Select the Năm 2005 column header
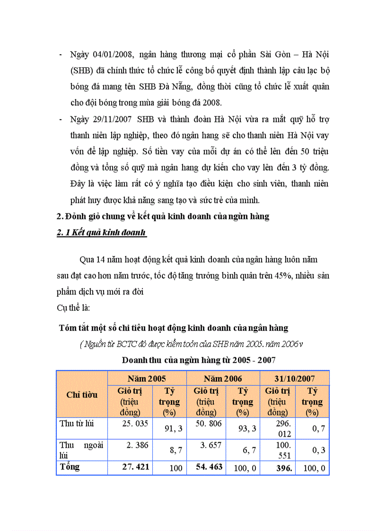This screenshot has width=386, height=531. (147, 379)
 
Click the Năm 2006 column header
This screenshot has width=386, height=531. (223, 379)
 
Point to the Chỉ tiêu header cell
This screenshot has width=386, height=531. (82, 395)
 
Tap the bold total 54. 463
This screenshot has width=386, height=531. (209, 467)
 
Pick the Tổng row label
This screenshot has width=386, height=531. (70, 467)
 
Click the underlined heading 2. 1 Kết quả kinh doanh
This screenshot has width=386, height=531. (101, 233)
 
